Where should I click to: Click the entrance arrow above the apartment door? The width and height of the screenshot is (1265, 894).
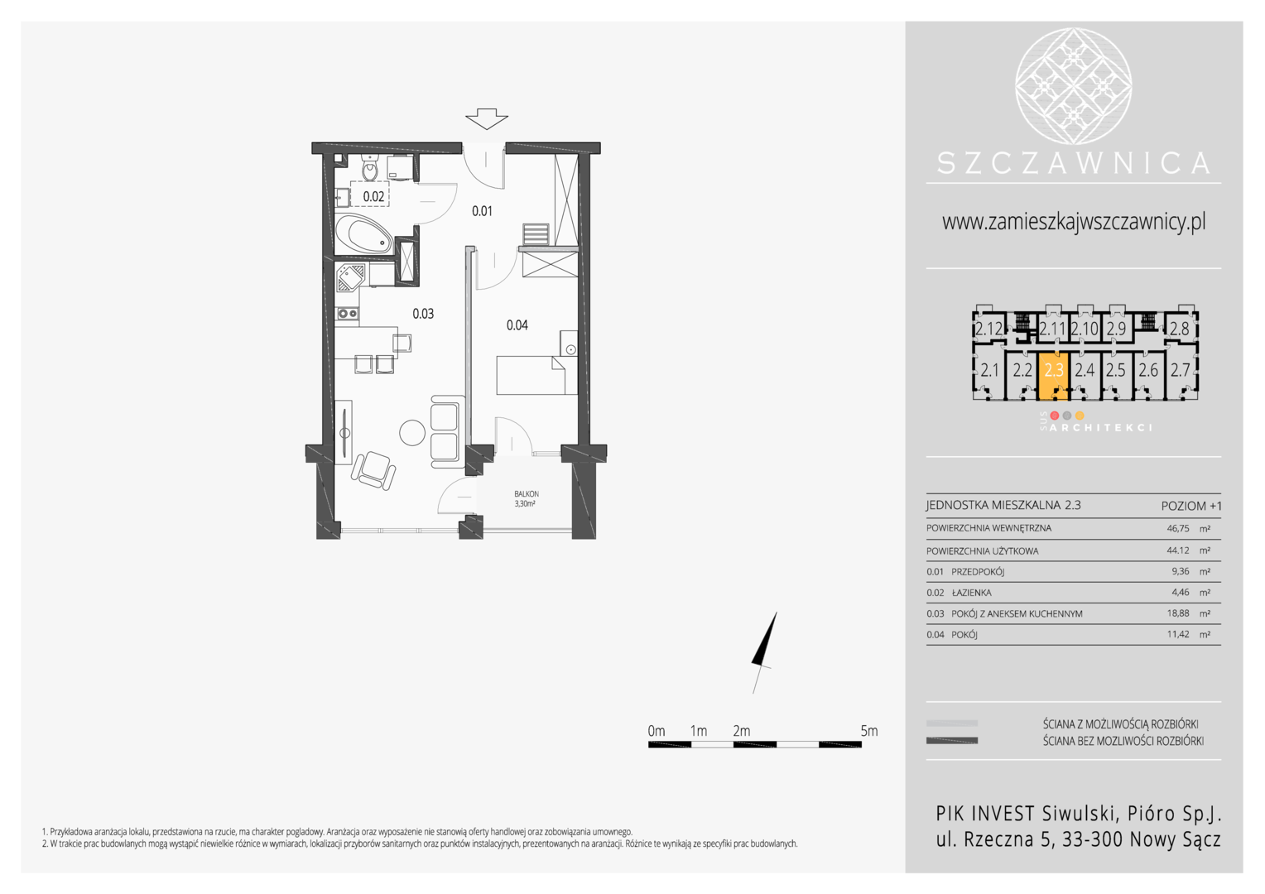pyautogui.click(x=486, y=118)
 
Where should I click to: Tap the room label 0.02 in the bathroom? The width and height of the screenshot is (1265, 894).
pyautogui.click(x=373, y=196)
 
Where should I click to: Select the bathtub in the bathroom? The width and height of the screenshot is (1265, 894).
pyautogui.click(x=363, y=233)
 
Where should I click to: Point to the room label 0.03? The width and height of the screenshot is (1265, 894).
pyautogui.click(x=423, y=314)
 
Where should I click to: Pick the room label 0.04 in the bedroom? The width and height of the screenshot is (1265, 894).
pyautogui.click(x=517, y=324)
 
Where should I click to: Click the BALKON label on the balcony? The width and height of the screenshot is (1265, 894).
pyautogui.click(x=527, y=493)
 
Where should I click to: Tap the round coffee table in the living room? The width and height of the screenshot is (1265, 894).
pyautogui.click(x=412, y=433)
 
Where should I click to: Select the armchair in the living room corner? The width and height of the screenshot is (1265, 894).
pyautogui.click(x=373, y=470)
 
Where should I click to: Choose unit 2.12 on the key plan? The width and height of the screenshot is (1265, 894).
pyautogui.click(x=988, y=329)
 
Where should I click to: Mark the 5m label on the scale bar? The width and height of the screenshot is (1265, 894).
pyautogui.click(x=868, y=731)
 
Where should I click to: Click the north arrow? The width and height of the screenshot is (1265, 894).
pyautogui.click(x=764, y=652)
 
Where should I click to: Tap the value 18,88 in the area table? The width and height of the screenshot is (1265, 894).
pyautogui.click(x=1178, y=613)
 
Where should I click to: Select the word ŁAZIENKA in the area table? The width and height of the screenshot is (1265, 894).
pyautogui.click(x=971, y=593)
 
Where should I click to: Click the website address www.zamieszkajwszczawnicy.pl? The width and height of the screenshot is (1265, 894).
pyautogui.click(x=1074, y=221)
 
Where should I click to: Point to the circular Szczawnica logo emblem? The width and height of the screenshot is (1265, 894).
pyautogui.click(x=1073, y=86)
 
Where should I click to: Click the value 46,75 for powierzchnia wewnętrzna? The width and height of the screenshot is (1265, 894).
pyautogui.click(x=1178, y=529)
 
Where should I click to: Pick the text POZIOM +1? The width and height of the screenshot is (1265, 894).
pyautogui.click(x=1191, y=506)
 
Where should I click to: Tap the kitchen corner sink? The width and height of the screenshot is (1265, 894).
pyautogui.click(x=349, y=278)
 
